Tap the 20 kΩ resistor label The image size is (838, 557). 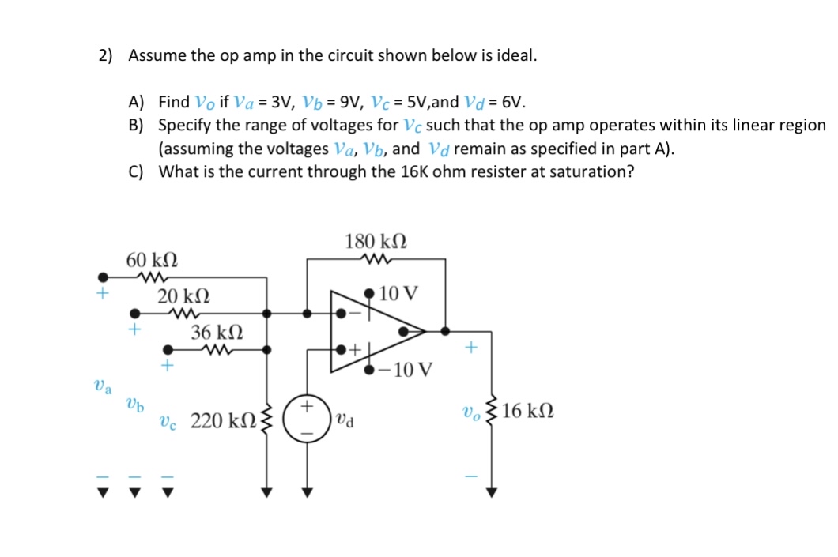[183, 297]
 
